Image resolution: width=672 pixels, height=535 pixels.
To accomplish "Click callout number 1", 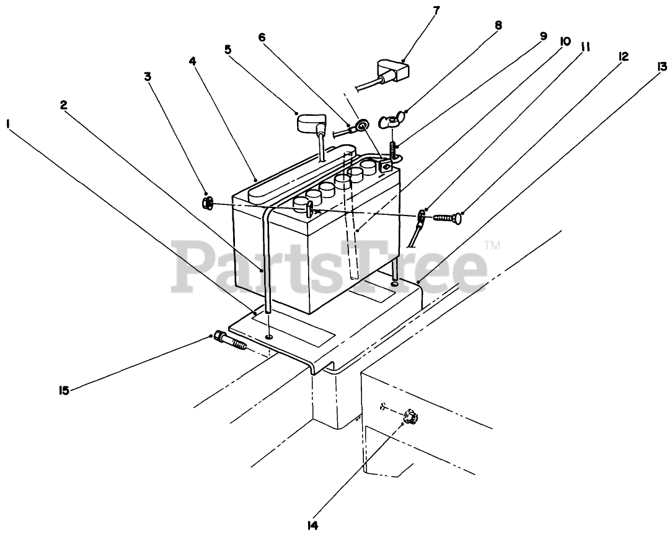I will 9,124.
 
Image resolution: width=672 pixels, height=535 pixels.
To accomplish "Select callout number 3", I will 147,76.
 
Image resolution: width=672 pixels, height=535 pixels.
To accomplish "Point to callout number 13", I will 663,66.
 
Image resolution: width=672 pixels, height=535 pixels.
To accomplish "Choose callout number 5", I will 228,48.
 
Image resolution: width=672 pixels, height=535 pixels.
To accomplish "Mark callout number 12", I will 624,56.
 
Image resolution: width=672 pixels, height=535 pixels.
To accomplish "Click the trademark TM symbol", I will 493,246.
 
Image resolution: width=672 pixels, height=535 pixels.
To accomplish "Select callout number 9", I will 544,36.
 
